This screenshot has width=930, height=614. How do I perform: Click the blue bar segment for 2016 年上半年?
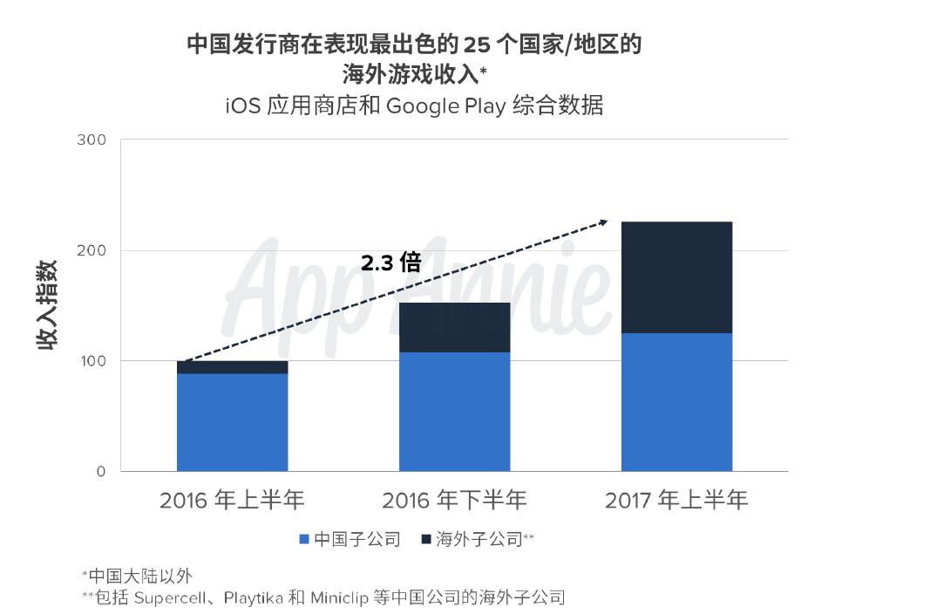tap(232, 422)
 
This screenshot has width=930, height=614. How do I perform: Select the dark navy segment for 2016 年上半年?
tap(232, 367)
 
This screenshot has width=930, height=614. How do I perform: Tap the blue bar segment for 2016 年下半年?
tap(454, 412)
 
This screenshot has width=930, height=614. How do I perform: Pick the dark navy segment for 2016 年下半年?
tap(454, 327)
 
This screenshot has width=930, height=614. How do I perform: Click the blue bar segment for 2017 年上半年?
tap(676, 402)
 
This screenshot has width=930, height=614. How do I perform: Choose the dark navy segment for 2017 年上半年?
tap(676, 277)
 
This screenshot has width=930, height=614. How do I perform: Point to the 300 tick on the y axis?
tap(91, 140)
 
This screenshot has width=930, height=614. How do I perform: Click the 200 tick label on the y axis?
tap(91, 250)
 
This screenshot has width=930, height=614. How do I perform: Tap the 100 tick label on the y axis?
tap(91, 361)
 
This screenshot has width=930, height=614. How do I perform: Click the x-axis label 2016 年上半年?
tap(232, 501)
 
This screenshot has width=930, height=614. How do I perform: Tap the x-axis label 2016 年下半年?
tap(454, 501)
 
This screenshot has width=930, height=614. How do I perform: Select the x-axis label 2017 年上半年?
tap(676, 501)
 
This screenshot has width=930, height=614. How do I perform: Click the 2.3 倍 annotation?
tap(391, 262)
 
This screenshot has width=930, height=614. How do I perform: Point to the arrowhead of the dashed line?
tap(603, 222)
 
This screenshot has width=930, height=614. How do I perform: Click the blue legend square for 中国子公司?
tap(304, 540)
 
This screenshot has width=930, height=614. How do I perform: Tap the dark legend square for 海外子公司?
tap(426, 540)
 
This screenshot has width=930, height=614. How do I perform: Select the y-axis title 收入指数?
tap(48, 304)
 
